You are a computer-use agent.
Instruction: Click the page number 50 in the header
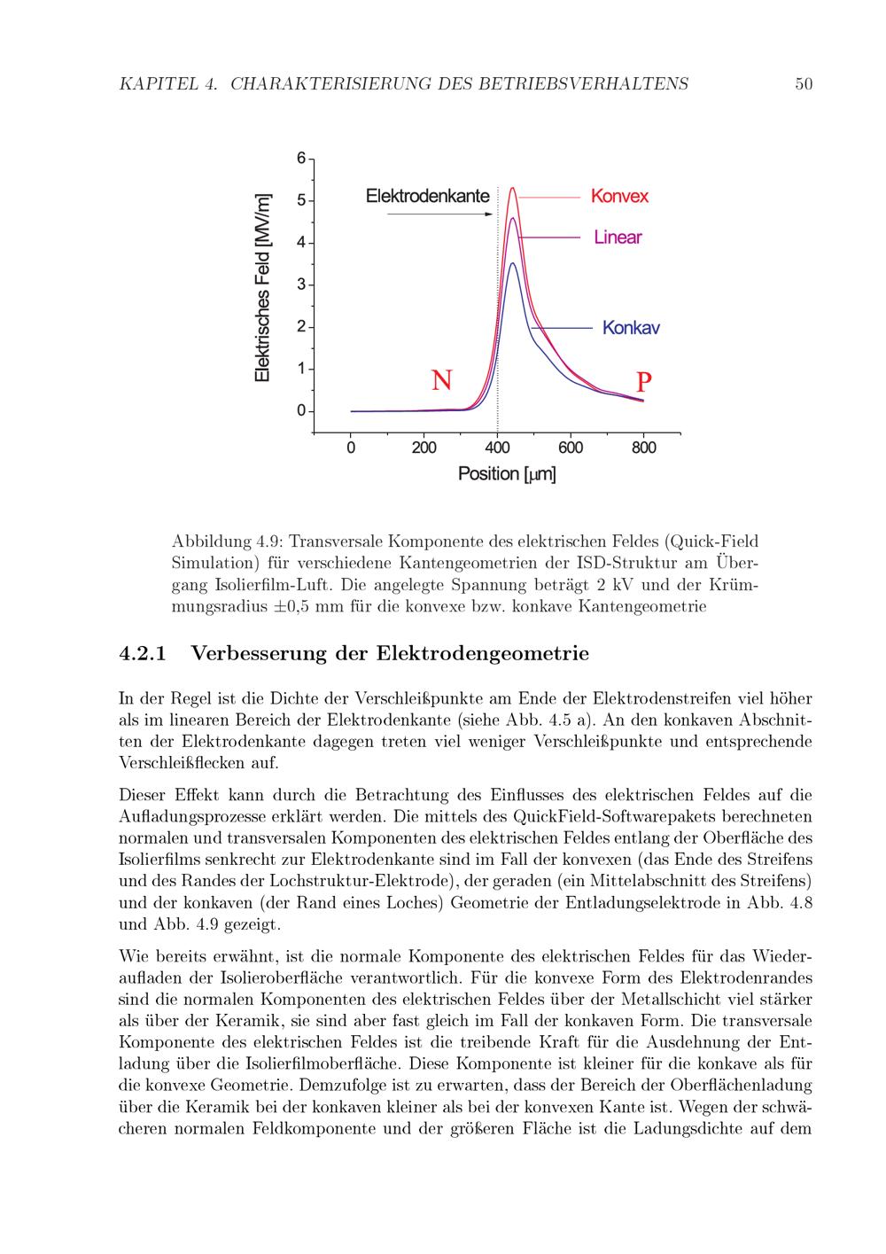click(804, 84)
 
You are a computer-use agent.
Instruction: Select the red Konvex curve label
click(619, 197)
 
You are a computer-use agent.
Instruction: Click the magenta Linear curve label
click(618, 238)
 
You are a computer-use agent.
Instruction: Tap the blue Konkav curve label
click(631, 328)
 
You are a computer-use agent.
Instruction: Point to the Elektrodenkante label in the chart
click(427, 196)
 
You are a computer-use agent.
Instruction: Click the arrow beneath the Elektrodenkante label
click(439, 214)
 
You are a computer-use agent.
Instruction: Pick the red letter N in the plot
click(442, 380)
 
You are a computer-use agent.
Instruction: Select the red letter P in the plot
click(644, 382)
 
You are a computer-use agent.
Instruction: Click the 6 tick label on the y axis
click(301, 159)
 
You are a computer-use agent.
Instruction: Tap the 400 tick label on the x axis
click(497, 448)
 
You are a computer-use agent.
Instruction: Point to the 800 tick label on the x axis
click(644, 448)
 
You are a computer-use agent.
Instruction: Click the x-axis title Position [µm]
click(507, 474)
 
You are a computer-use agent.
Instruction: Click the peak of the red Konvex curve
click(512, 188)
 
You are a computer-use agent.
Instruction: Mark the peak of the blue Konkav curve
click(512, 263)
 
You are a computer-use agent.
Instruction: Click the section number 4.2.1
click(143, 654)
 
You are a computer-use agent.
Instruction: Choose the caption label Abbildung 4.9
click(226, 541)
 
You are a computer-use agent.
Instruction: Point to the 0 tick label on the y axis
click(301, 411)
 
